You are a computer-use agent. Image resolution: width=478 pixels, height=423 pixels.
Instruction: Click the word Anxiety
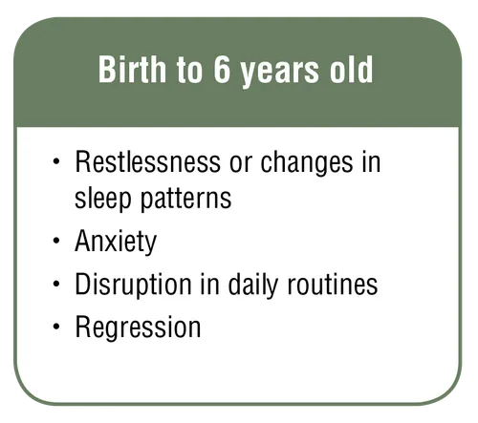(x=116, y=243)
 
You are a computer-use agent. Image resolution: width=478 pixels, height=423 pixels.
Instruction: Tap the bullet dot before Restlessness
(x=56, y=163)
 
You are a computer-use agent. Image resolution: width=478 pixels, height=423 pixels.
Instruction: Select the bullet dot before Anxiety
(x=56, y=242)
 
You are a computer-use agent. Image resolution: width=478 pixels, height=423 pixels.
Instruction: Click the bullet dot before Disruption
(x=56, y=285)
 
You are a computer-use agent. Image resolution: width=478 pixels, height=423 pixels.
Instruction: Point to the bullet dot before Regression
(x=56, y=328)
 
